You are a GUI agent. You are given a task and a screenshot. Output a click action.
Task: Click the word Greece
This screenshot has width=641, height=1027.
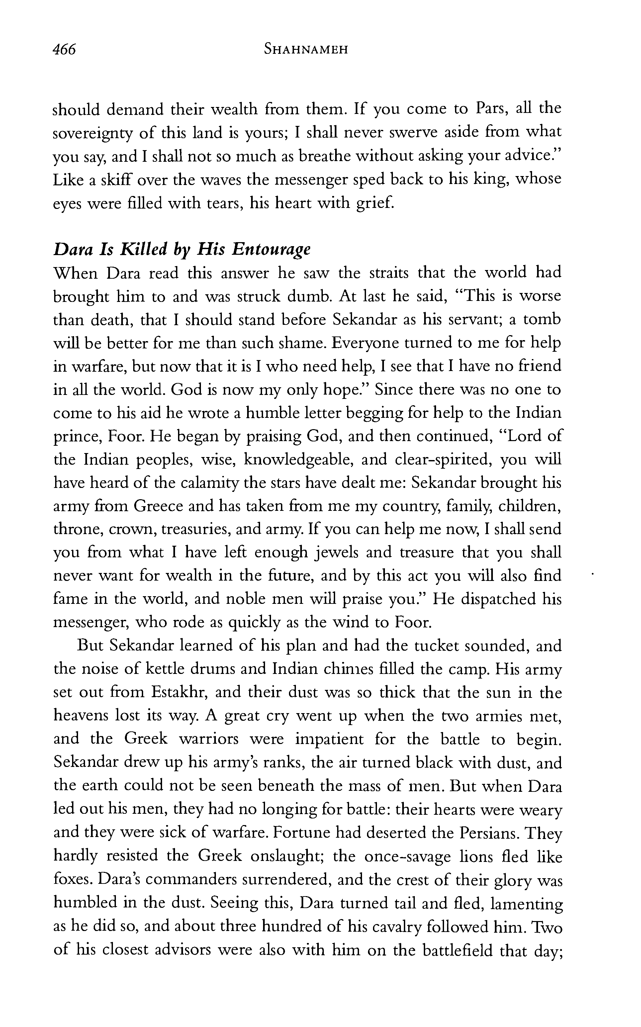tap(158, 506)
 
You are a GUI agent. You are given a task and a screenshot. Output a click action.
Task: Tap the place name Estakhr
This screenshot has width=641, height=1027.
tap(178, 693)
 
